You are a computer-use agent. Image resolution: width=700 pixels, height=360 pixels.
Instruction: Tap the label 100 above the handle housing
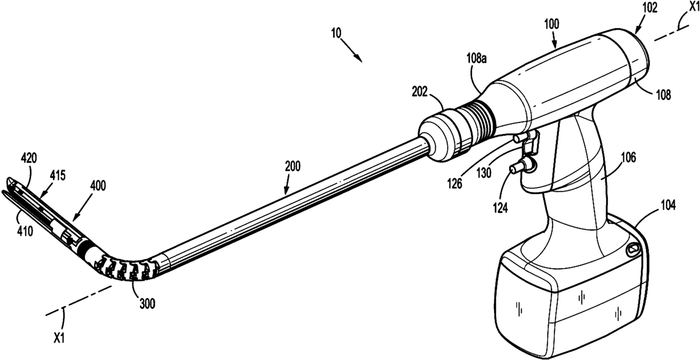click(552, 25)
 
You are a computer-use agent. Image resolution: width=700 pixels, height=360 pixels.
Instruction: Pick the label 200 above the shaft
click(292, 166)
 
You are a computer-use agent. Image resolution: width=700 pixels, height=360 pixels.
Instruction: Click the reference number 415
click(57, 175)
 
